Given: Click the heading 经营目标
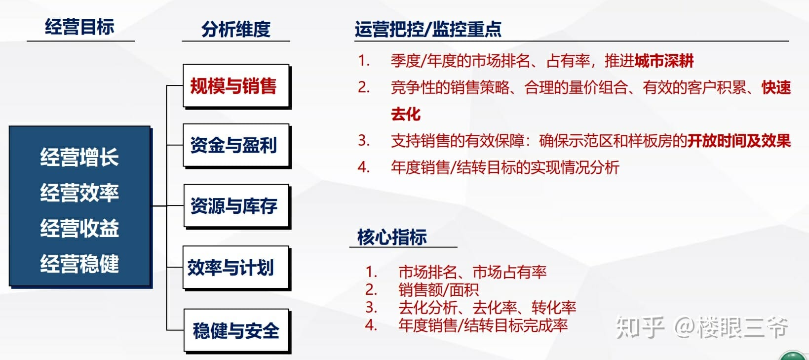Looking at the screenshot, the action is coord(79,27).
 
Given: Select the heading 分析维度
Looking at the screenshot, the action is coord(236,29).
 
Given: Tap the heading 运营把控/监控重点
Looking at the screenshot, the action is coord(428,29).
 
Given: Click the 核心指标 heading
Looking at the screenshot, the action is coord(392,237).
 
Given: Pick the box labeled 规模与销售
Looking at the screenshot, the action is coord(236,85).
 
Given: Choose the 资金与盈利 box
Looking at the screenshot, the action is coord(236,145).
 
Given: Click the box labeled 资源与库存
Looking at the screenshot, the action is coord(236,206).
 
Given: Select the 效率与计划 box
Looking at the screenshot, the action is coord(236,268).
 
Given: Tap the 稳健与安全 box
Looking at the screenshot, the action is coord(236,330).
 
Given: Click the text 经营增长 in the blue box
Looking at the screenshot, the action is coord(79,157).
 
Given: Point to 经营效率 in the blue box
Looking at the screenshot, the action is coord(79,192).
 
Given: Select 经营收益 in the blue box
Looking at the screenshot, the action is coord(79,228).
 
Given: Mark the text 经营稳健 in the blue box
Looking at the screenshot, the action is coord(79,263).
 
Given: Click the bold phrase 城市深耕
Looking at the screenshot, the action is coord(664,61).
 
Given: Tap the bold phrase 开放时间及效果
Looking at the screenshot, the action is coord(739,141).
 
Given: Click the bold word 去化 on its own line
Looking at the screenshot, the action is coord(406,114).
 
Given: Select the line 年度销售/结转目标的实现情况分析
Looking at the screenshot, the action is coord(505,167).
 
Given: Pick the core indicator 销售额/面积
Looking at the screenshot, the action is coord(438,290).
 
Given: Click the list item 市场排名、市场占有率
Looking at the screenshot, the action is coord(472,272).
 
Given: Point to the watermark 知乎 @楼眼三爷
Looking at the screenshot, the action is coord(702,327).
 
